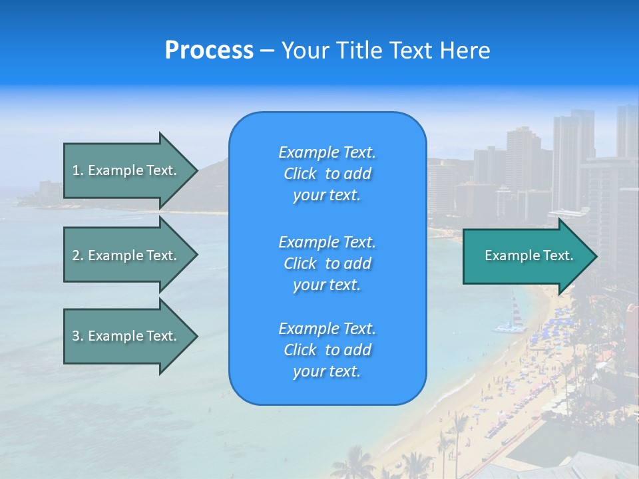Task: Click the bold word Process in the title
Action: [209, 51]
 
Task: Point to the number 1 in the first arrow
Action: [76, 170]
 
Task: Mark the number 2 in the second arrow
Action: [76, 255]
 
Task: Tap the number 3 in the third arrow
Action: [76, 336]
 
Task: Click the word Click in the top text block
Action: [300, 174]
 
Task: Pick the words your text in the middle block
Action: [327, 285]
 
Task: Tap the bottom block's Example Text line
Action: [327, 329]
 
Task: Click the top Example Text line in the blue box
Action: [327, 152]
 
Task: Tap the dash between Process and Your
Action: [267, 51]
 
